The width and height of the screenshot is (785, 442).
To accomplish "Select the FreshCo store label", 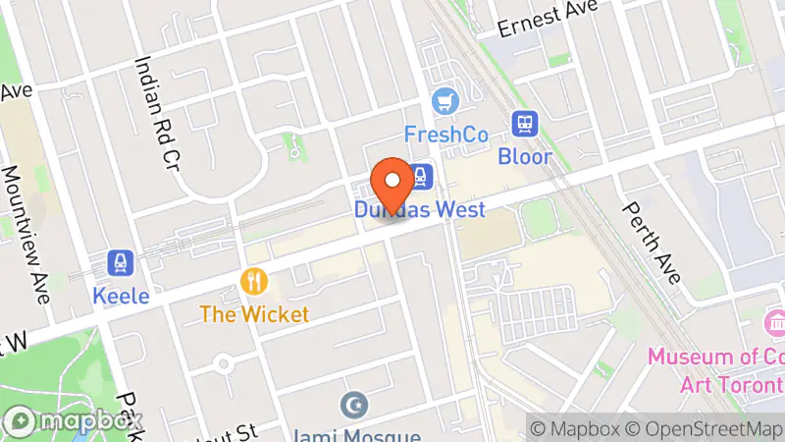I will tap(446, 133).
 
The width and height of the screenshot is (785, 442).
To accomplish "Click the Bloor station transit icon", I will tap(524, 125).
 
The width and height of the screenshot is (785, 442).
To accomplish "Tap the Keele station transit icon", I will tap(121, 262).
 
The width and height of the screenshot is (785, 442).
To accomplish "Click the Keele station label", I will tap(121, 294).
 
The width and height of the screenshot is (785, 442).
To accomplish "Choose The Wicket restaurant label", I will tap(254, 315).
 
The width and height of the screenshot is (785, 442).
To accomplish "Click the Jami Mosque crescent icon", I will tap(353, 404).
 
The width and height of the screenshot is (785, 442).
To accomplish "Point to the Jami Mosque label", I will tap(353, 433).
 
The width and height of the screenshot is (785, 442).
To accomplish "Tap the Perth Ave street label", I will tap(653, 242).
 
